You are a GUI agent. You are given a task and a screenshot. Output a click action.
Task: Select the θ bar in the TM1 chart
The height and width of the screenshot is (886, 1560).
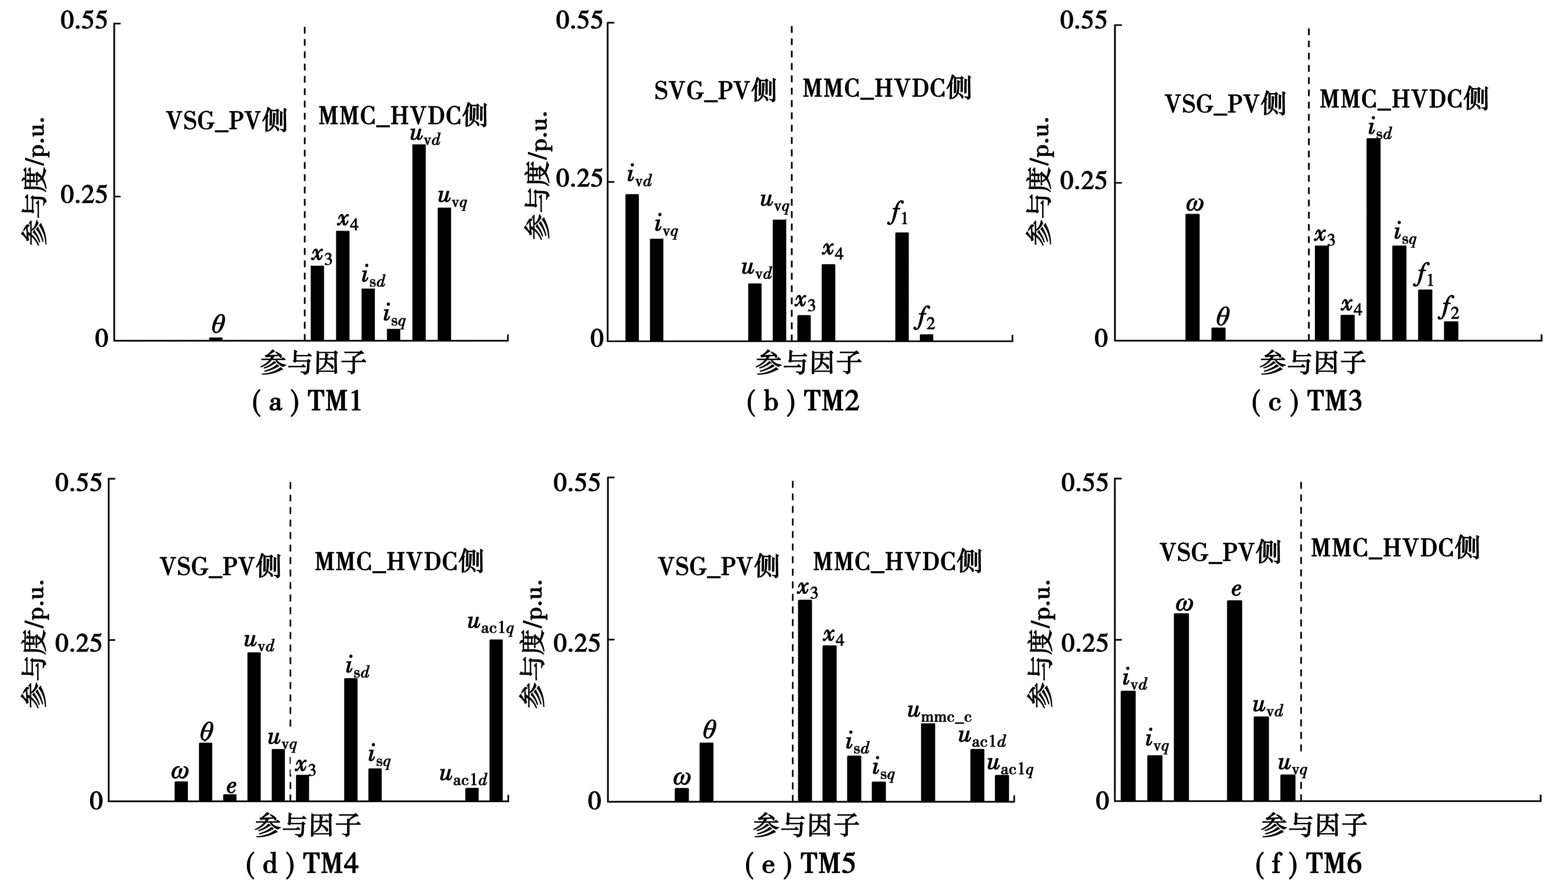[x=216, y=339]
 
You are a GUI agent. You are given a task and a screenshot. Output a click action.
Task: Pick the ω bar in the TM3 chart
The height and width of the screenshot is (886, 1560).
[x=1192, y=277]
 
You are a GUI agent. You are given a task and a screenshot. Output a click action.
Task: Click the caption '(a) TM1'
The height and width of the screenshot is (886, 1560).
[x=307, y=402]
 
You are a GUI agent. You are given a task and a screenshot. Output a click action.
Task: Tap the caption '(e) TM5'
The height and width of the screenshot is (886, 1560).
[x=800, y=863]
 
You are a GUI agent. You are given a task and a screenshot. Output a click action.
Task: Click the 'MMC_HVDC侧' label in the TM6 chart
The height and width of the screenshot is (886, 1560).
[x=1394, y=548]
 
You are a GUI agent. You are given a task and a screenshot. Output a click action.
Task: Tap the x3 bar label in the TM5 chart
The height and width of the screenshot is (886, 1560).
[x=808, y=589]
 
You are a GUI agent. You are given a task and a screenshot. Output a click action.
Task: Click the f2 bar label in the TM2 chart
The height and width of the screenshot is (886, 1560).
[x=925, y=318]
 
